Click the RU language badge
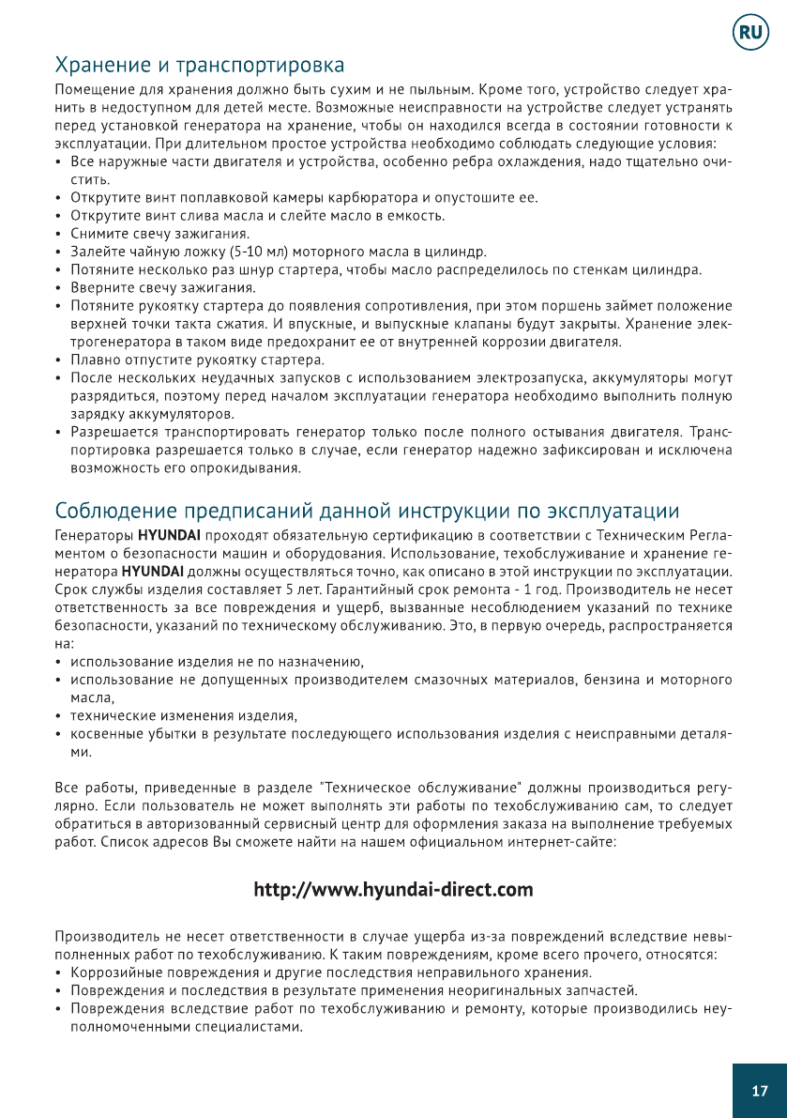point(751,33)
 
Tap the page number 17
point(760,1090)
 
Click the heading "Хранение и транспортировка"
point(200,66)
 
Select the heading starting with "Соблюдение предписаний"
point(367,512)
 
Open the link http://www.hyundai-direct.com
point(394,889)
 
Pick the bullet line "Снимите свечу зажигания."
point(159,234)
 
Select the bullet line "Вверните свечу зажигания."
point(163,287)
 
